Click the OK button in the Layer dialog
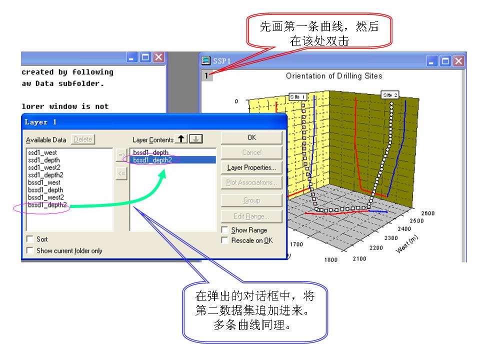click(x=251, y=137)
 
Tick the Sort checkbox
click(x=30, y=239)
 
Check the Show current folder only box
click(x=30, y=250)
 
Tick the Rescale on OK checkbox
click(x=225, y=240)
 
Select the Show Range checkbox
click(x=225, y=230)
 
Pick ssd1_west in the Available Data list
click(x=42, y=152)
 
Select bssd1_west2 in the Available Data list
click(x=45, y=197)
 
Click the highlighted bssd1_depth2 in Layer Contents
click(x=152, y=160)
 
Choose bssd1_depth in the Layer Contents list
click(x=150, y=152)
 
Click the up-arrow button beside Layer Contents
click(x=181, y=139)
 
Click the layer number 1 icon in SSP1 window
click(x=207, y=76)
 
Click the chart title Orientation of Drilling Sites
click(x=334, y=76)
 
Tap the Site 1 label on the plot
click(x=297, y=96)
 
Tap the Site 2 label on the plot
click(x=390, y=94)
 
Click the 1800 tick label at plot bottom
click(x=330, y=259)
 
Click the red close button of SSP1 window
click(x=458, y=61)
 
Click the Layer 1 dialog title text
click(x=40, y=122)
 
